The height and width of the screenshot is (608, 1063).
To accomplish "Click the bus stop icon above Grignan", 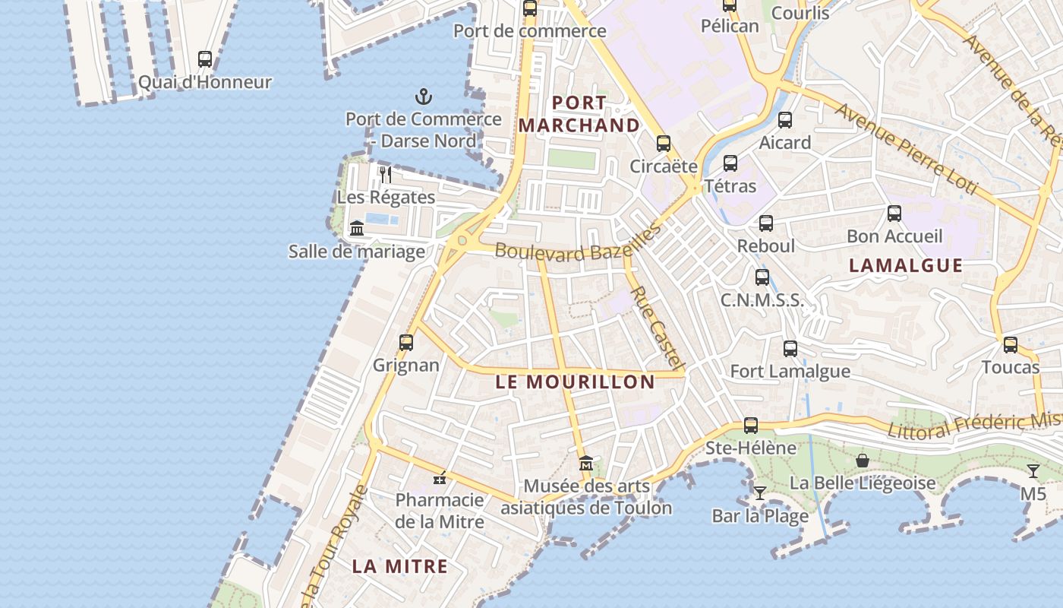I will (x=406, y=343).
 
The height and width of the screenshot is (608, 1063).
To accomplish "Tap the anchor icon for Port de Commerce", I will (x=424, y=97).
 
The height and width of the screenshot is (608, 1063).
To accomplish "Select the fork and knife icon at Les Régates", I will (x=386, y=175).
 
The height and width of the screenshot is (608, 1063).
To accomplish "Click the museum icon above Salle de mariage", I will (x=357, y=228).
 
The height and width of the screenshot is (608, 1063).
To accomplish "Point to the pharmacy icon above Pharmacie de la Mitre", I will (x=440, y=478).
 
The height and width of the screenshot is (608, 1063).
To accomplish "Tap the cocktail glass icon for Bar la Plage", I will (x=760, y=492).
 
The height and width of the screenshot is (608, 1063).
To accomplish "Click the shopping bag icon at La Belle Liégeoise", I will (x=863, y=461).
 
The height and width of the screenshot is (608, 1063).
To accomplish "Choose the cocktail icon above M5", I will (x=1033, y=471).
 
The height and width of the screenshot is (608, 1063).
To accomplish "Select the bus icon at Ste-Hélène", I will (x=751, y=426).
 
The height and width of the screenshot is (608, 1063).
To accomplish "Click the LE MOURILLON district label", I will (x=575, y=382).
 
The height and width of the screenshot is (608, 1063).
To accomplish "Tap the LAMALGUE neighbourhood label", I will (x=906, y=265).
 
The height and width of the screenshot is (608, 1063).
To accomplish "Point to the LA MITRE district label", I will (x=399, y=566).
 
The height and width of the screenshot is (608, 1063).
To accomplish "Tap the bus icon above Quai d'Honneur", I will (x=205, y=59).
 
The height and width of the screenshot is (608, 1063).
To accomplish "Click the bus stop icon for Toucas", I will (x=1010, y=345).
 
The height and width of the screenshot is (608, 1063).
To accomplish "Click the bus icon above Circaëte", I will (x=664, y=144).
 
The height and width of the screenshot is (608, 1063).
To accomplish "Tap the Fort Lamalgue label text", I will (x=790, y=372).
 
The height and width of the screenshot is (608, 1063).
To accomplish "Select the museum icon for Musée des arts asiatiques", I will (x=586, y=463).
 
